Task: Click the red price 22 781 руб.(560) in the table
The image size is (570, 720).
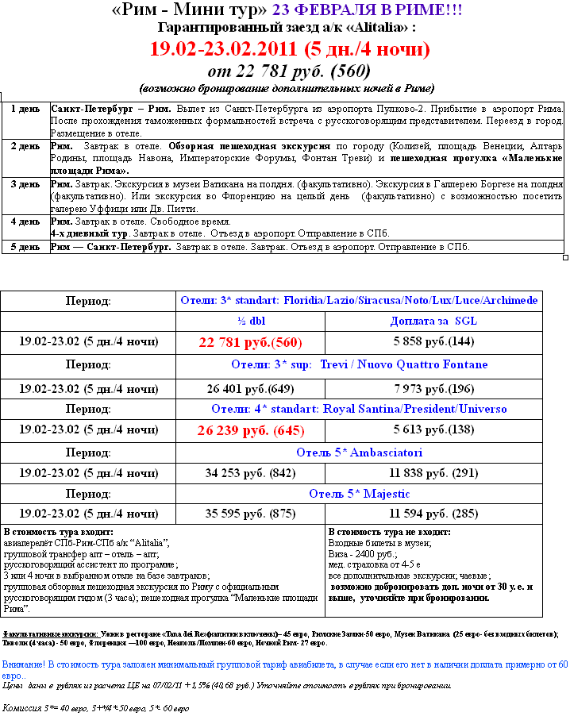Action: (250, 343)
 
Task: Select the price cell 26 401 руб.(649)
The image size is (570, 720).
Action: (250, 389)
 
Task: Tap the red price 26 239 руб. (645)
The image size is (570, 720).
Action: (250, 430)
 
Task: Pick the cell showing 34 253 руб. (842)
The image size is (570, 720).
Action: (250, 474)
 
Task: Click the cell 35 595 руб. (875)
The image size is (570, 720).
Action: (250, 514)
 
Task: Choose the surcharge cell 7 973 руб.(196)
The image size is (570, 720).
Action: (433, 389)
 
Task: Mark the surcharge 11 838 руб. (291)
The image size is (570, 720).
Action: (433, 474)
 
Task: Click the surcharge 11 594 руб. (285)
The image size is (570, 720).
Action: (433, 514)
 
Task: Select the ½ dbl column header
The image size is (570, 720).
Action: (251, 321)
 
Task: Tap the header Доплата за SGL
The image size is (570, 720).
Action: (433, 321)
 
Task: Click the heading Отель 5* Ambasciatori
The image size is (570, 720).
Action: (359, 453)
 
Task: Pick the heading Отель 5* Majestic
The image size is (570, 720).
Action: (359, 494)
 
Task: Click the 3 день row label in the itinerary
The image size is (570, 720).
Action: (25, 184)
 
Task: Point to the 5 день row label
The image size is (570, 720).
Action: (25, 247)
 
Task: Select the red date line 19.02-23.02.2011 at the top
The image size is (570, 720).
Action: (291, 49)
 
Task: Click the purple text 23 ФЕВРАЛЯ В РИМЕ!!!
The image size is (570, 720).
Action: (367, 10)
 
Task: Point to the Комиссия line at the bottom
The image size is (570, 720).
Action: (96, 708)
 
